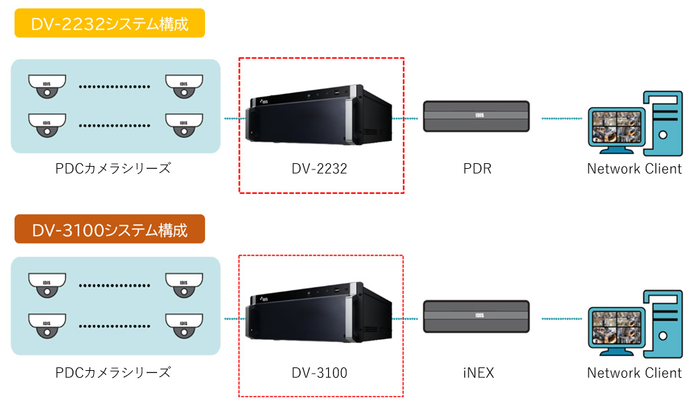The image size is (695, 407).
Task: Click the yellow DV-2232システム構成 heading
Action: (109, 24)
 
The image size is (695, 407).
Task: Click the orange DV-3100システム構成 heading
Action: (109, 229)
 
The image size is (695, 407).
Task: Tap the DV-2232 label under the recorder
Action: (320, 168)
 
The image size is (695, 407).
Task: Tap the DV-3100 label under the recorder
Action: (320, 373)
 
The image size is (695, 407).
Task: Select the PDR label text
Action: (477, 168)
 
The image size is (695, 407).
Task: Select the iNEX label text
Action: (477, 373)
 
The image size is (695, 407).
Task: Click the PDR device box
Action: (477, 115)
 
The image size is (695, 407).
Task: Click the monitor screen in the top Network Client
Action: (616, 125)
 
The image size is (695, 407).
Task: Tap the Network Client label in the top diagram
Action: (634, 168)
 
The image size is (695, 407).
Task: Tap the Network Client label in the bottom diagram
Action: (634, 373)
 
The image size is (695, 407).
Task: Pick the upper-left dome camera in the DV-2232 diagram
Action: (47, 86)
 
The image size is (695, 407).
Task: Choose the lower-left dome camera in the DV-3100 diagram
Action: (47, 324)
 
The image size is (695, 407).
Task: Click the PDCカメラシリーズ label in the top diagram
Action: (113, 168)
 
